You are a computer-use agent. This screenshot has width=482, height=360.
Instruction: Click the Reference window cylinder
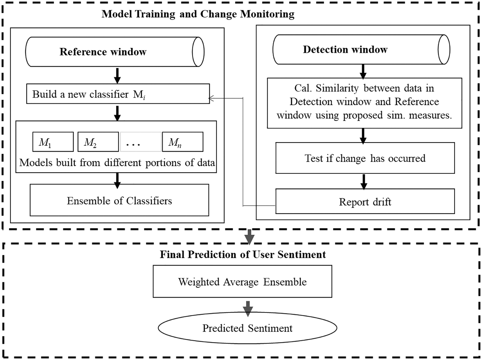click(x=115, y=52)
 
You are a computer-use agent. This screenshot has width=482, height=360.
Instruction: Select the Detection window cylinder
click(x=361, y=50)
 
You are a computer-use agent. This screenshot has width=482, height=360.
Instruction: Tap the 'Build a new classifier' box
click(x=118, y=94)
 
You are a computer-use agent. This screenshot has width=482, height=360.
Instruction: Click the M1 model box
click(x=53, y=142)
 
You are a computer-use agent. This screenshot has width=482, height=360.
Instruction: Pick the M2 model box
click(x=98, y=142)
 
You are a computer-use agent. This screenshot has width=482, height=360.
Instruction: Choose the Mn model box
click(x=183, y=142)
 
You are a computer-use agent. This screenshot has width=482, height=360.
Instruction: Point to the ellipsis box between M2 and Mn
click(x=140, y=142)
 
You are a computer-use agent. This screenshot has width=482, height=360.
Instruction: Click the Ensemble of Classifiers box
click(x=119, y=200)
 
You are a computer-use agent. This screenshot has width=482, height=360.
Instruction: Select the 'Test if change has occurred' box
click(x=365, y=158)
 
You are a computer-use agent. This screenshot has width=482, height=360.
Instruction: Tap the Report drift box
click(x=365, y=202)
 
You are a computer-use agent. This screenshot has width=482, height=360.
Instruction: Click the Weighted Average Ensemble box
click(x=242, y=281)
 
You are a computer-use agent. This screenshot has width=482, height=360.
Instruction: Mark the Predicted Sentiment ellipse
click(x=247, y=328)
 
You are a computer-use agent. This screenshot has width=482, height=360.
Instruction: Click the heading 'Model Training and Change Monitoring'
click(x=198, y=14)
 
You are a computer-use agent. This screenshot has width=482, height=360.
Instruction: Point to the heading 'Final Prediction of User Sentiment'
click(x=243, y=254)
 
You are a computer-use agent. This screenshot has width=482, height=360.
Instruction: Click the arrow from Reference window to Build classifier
click(x=117, y=76)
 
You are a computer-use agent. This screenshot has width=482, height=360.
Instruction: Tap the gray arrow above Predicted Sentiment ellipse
click(x=248, y=308)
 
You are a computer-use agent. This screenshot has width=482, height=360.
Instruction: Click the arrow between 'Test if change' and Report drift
click(x=364, y=181)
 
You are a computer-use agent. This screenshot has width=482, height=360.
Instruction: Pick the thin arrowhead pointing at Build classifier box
click(x=211, y=98)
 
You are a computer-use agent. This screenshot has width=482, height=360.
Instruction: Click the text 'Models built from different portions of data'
click(x=117, y=163)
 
